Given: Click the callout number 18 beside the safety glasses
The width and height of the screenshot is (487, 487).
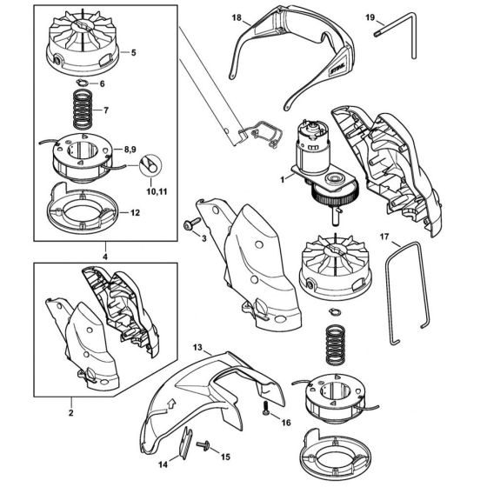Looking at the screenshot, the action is coord(237,18).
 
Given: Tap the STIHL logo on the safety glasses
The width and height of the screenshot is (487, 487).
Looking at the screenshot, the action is coord(337,68).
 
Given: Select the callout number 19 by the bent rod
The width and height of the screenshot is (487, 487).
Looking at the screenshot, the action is coord(370,17).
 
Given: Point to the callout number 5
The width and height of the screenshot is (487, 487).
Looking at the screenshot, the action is coord(134,52).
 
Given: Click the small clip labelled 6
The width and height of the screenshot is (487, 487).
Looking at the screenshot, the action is coord(82,83).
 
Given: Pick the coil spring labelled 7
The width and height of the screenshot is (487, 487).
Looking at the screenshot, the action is coord(83,109).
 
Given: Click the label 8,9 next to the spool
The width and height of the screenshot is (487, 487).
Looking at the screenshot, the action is coord(130,150).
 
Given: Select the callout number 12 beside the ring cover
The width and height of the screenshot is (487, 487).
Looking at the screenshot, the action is coord(135,213).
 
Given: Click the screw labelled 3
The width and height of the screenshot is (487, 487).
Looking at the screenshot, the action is coord(192,223).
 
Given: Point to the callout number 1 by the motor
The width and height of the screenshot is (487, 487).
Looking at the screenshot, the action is coord(283,179).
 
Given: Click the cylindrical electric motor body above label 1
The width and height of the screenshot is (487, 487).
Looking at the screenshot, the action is coord(311,147).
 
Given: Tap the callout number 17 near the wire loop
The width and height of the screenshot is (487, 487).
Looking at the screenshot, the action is coord(384,237).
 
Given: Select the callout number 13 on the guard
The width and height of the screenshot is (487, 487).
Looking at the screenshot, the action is coord(197,347).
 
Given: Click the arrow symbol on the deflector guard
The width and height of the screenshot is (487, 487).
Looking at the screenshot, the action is coord(170,404).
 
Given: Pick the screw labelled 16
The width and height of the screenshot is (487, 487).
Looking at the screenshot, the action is coord(266,408).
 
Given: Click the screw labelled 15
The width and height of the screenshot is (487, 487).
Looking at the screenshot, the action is coord(203,444).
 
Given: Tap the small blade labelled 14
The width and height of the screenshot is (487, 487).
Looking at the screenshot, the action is coord(186,442).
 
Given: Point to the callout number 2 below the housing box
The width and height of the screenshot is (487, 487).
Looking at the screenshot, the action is coord(71,413).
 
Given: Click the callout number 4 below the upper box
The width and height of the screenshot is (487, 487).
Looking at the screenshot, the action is coord(105,257).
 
